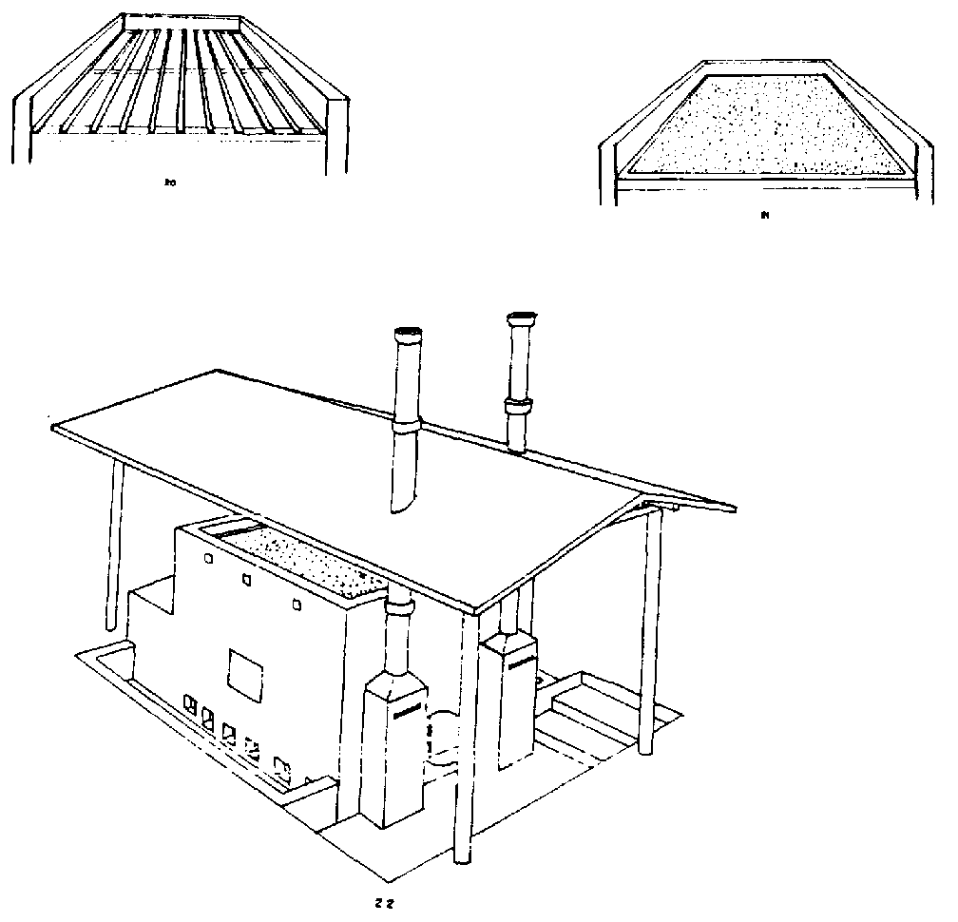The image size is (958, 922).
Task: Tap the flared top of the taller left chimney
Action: click(x=408, y=333)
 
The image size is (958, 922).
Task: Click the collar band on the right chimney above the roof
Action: click(x=518, y=408)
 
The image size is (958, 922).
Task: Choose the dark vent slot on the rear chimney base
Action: click(x=519, y=666)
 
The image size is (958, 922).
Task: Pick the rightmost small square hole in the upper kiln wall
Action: click(x=297, y=602)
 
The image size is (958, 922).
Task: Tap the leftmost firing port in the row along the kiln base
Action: click(x=189, y=704)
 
